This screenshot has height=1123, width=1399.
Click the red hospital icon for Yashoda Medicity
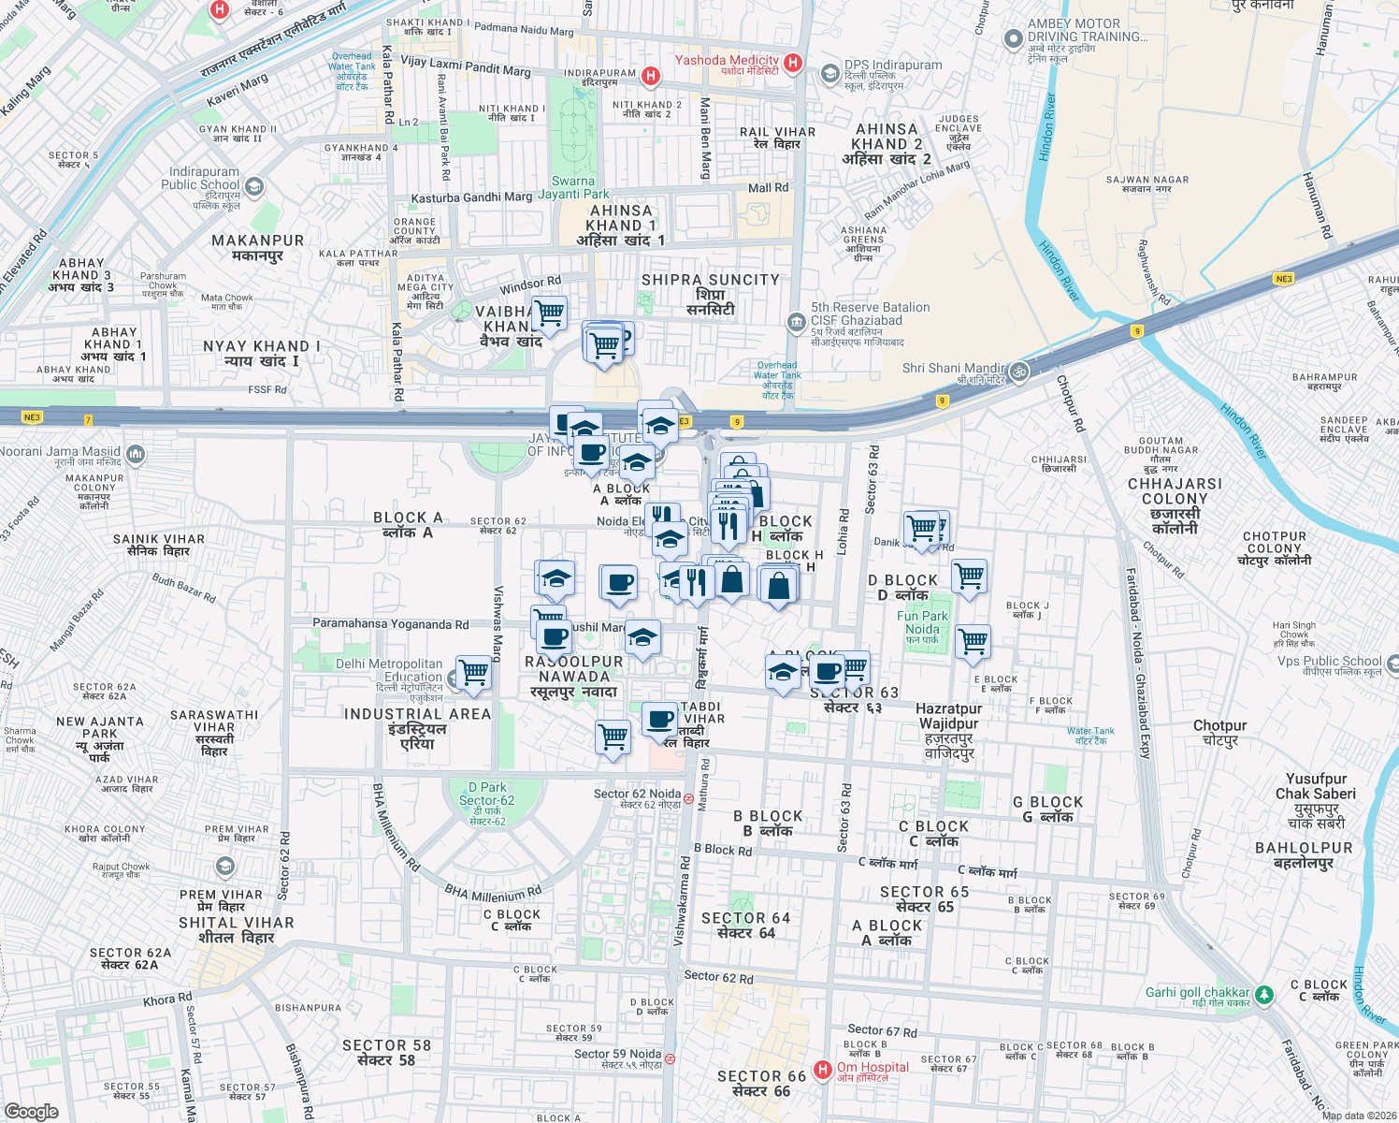(x=792, y=63)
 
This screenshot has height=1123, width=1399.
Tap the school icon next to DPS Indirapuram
(x=829, y=73)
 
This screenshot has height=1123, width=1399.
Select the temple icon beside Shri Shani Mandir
(x=1018, y=372)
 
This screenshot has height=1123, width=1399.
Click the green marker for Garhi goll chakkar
(x=1263, y=994)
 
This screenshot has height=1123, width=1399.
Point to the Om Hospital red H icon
(x=822, y=1069)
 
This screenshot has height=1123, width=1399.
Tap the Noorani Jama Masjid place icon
(x=135, y=455)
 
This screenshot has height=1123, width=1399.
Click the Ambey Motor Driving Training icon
(x=1013, y=38)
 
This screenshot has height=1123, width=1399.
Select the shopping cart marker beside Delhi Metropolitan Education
(x=473, y=673)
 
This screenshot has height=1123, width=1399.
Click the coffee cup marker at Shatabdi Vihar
(x=660, y=720)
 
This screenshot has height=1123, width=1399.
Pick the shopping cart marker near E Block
(x=973, y=642)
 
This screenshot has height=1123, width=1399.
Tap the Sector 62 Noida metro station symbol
(x=688, y=799)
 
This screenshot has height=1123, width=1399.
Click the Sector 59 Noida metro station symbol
(x=669, y=1058)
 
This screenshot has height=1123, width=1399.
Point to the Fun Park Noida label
(x=922, y=622)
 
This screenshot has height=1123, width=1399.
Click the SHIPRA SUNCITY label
(x=710, y=280)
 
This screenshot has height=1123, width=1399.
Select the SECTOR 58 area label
(x=386, y=1052)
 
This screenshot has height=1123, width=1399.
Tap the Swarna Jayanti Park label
(x=573, y=187)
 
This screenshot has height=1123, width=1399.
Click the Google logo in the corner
(x=31, y=1111)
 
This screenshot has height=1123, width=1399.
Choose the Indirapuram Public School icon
(x=253, y=186)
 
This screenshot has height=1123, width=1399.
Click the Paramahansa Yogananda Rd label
(x=390, y=623)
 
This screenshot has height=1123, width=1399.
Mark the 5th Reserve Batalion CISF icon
(x=796, y=322)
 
